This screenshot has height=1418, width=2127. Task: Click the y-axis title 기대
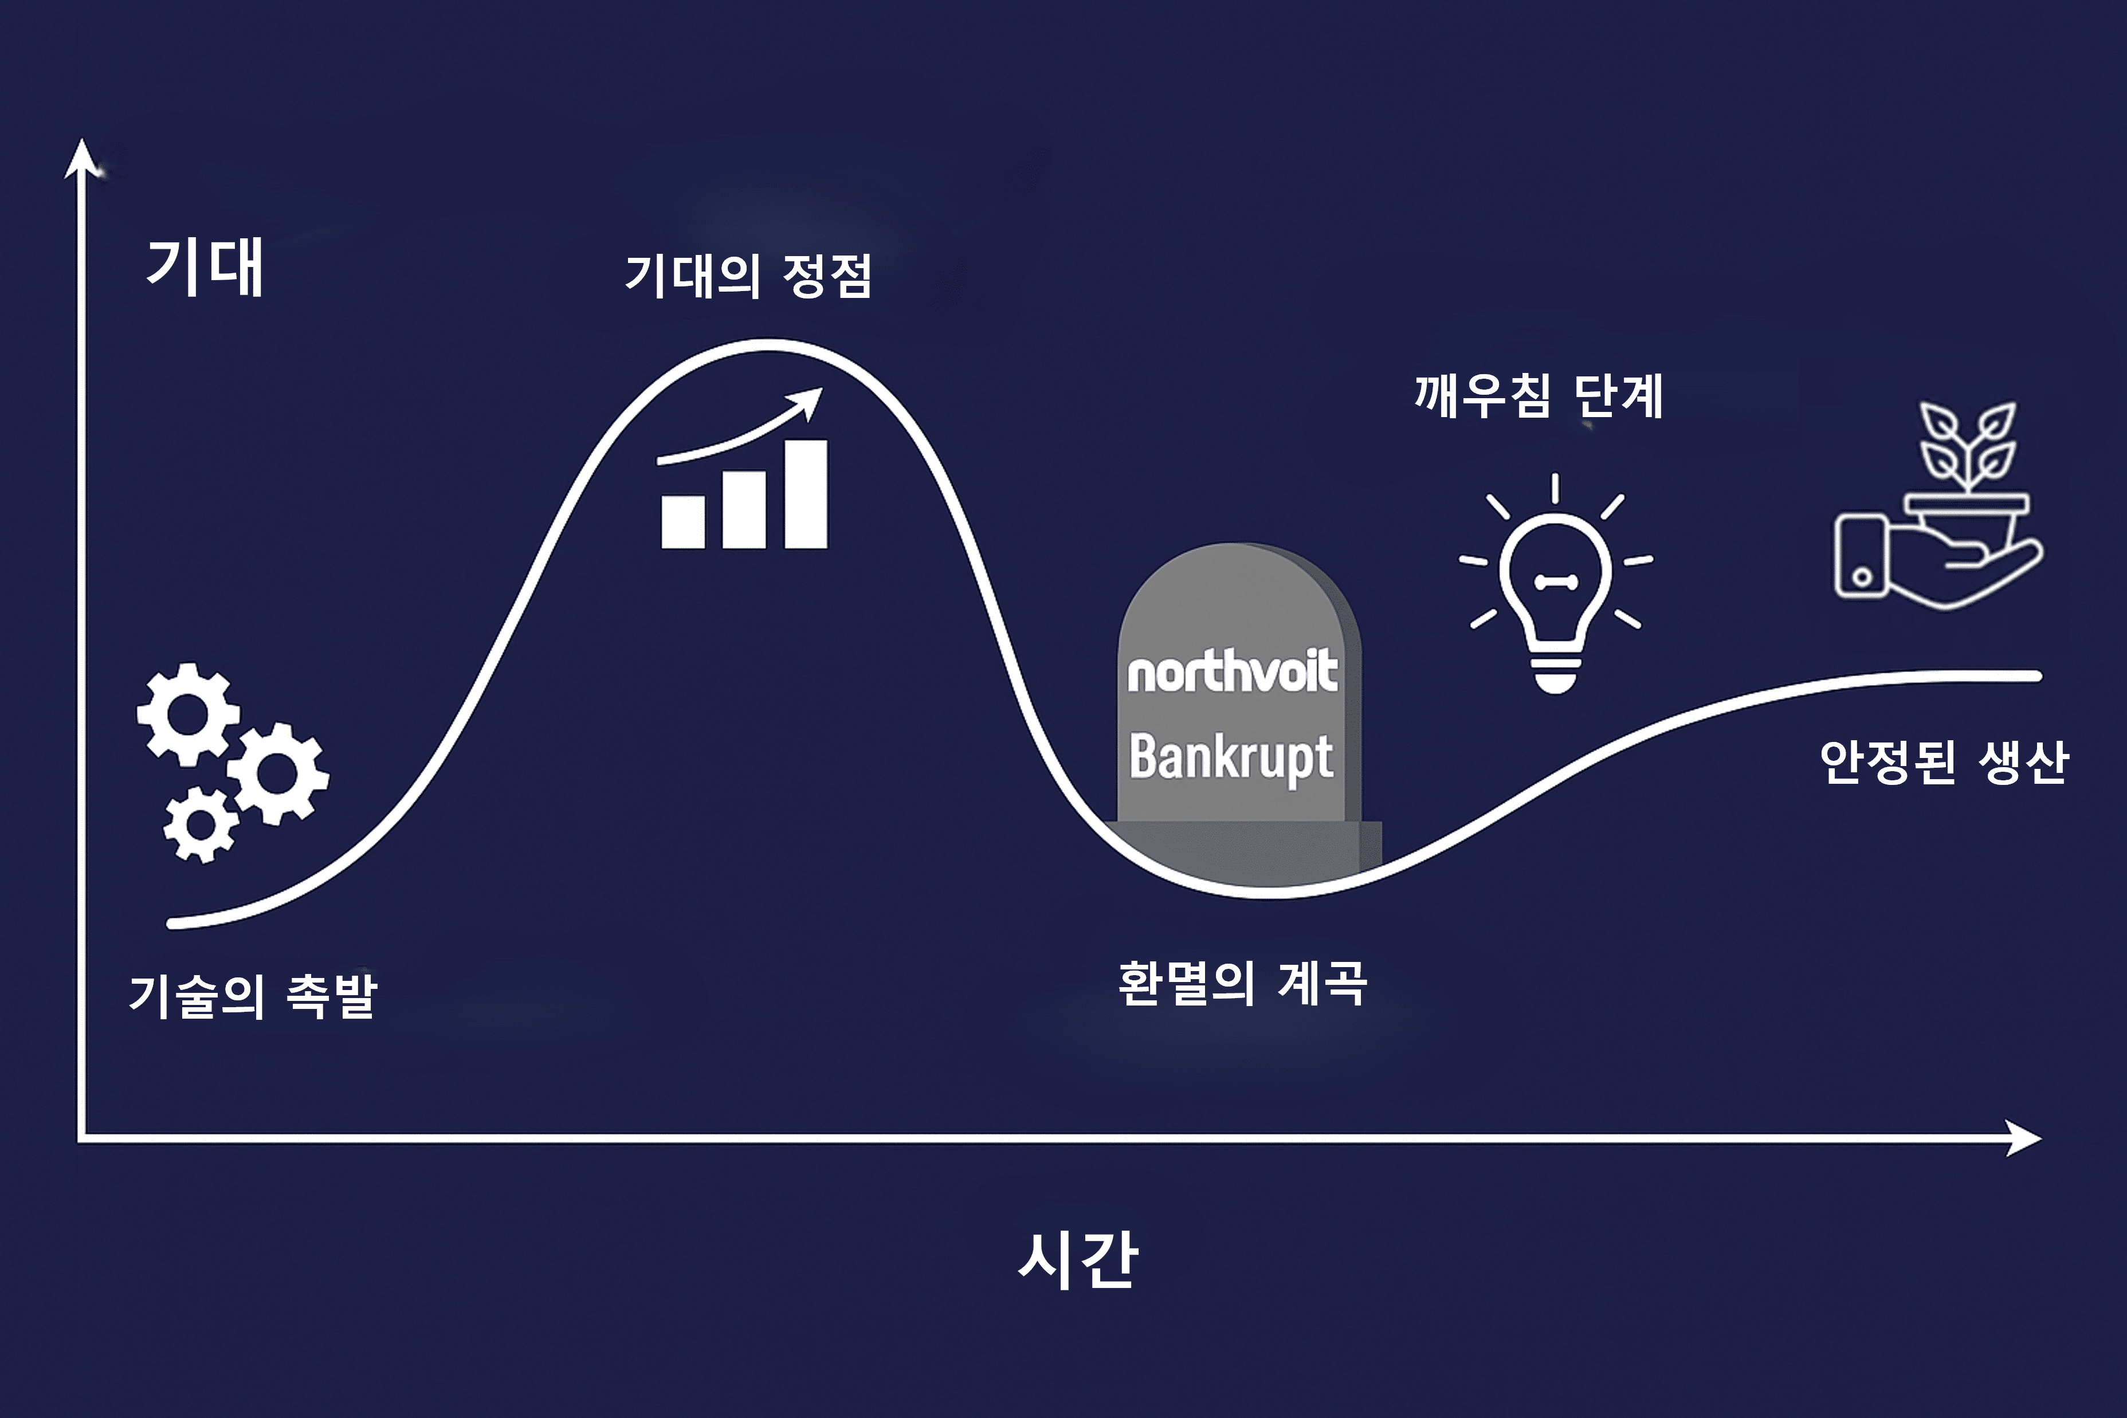[x=205, y=268]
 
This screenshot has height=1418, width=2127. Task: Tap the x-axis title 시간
[x=1077, y=1258]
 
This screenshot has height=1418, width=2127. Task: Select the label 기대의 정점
[x=749, y=276]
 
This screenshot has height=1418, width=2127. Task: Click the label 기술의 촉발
[x=253, y=996]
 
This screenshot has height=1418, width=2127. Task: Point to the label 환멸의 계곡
[x=1242, y=983]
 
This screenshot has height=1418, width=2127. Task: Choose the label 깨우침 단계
[x=1539, y=395]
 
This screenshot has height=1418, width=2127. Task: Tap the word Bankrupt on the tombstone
[x=1231, y=758]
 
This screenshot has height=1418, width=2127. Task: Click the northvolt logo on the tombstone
[x=1232, y=671]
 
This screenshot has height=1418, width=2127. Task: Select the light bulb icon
[x=1556, y=583]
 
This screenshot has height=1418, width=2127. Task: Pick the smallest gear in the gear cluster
[x=201, y=824]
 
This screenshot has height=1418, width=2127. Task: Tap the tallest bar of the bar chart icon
[x=806, y=494]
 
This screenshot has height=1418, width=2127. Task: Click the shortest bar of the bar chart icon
[x=684, y=522]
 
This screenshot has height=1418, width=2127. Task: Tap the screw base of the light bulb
[x=1556, y=674]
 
